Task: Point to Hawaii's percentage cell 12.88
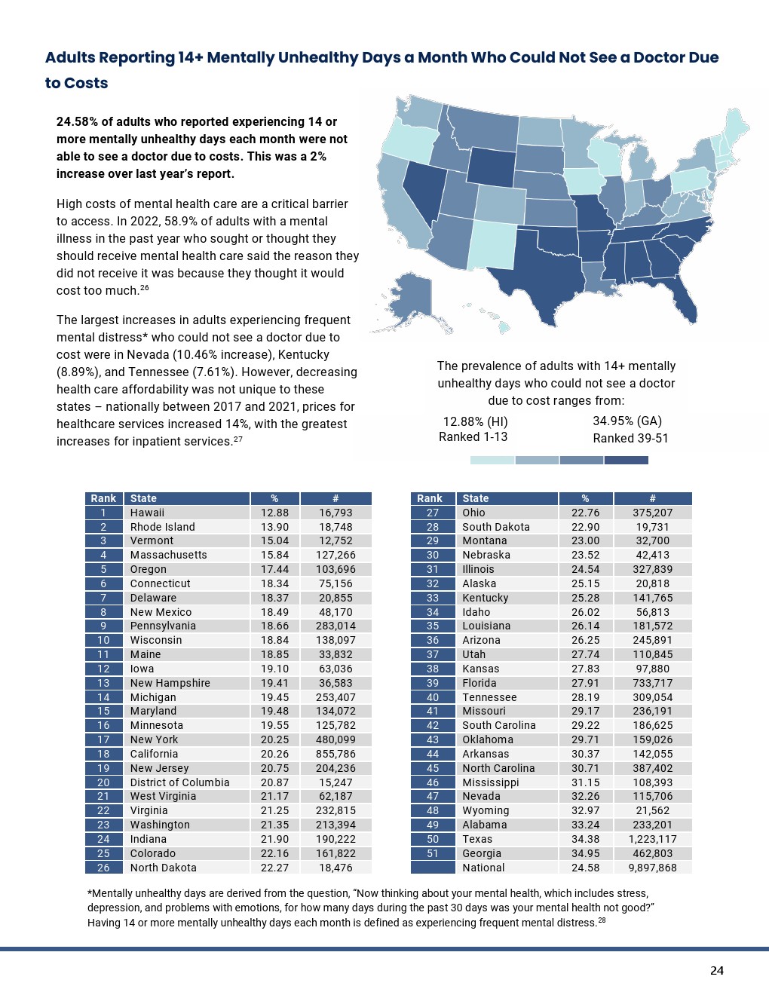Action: [274, 513]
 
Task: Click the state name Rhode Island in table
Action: [162, 527]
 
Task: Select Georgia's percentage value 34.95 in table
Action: [585, 853]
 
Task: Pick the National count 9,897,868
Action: [653, 868]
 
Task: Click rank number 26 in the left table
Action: [103, 868]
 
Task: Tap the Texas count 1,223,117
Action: [653, 839]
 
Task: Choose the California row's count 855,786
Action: [335, 754]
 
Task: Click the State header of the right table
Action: [475, 498]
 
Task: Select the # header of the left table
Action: [335, 498]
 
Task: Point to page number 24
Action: [717, 971]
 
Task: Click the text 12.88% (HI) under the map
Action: [475, 421]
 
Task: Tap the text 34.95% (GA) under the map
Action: [627, 421]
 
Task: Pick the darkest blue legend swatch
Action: [627, 460]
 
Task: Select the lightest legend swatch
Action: [492, 460]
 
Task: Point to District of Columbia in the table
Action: [179, 782]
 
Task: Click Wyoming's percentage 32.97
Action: [585, 810]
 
